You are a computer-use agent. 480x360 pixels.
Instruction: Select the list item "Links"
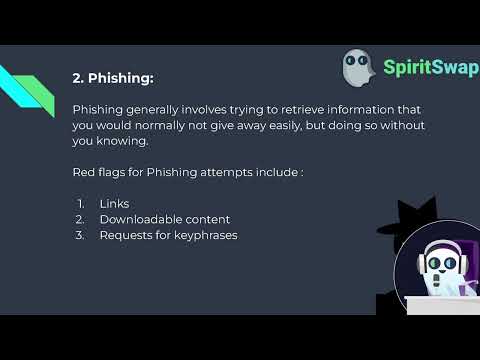click(x=114, y=203)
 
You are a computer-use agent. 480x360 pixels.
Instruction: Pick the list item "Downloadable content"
click(x=164, y=219)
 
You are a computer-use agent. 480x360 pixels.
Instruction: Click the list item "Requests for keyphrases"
click(x=168, y=235)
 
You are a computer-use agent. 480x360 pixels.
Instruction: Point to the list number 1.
click(x=80, y=203)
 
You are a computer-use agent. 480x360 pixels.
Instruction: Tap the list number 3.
click(x=80, y=235)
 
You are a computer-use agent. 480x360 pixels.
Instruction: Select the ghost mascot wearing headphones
click(x=436, y=271)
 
